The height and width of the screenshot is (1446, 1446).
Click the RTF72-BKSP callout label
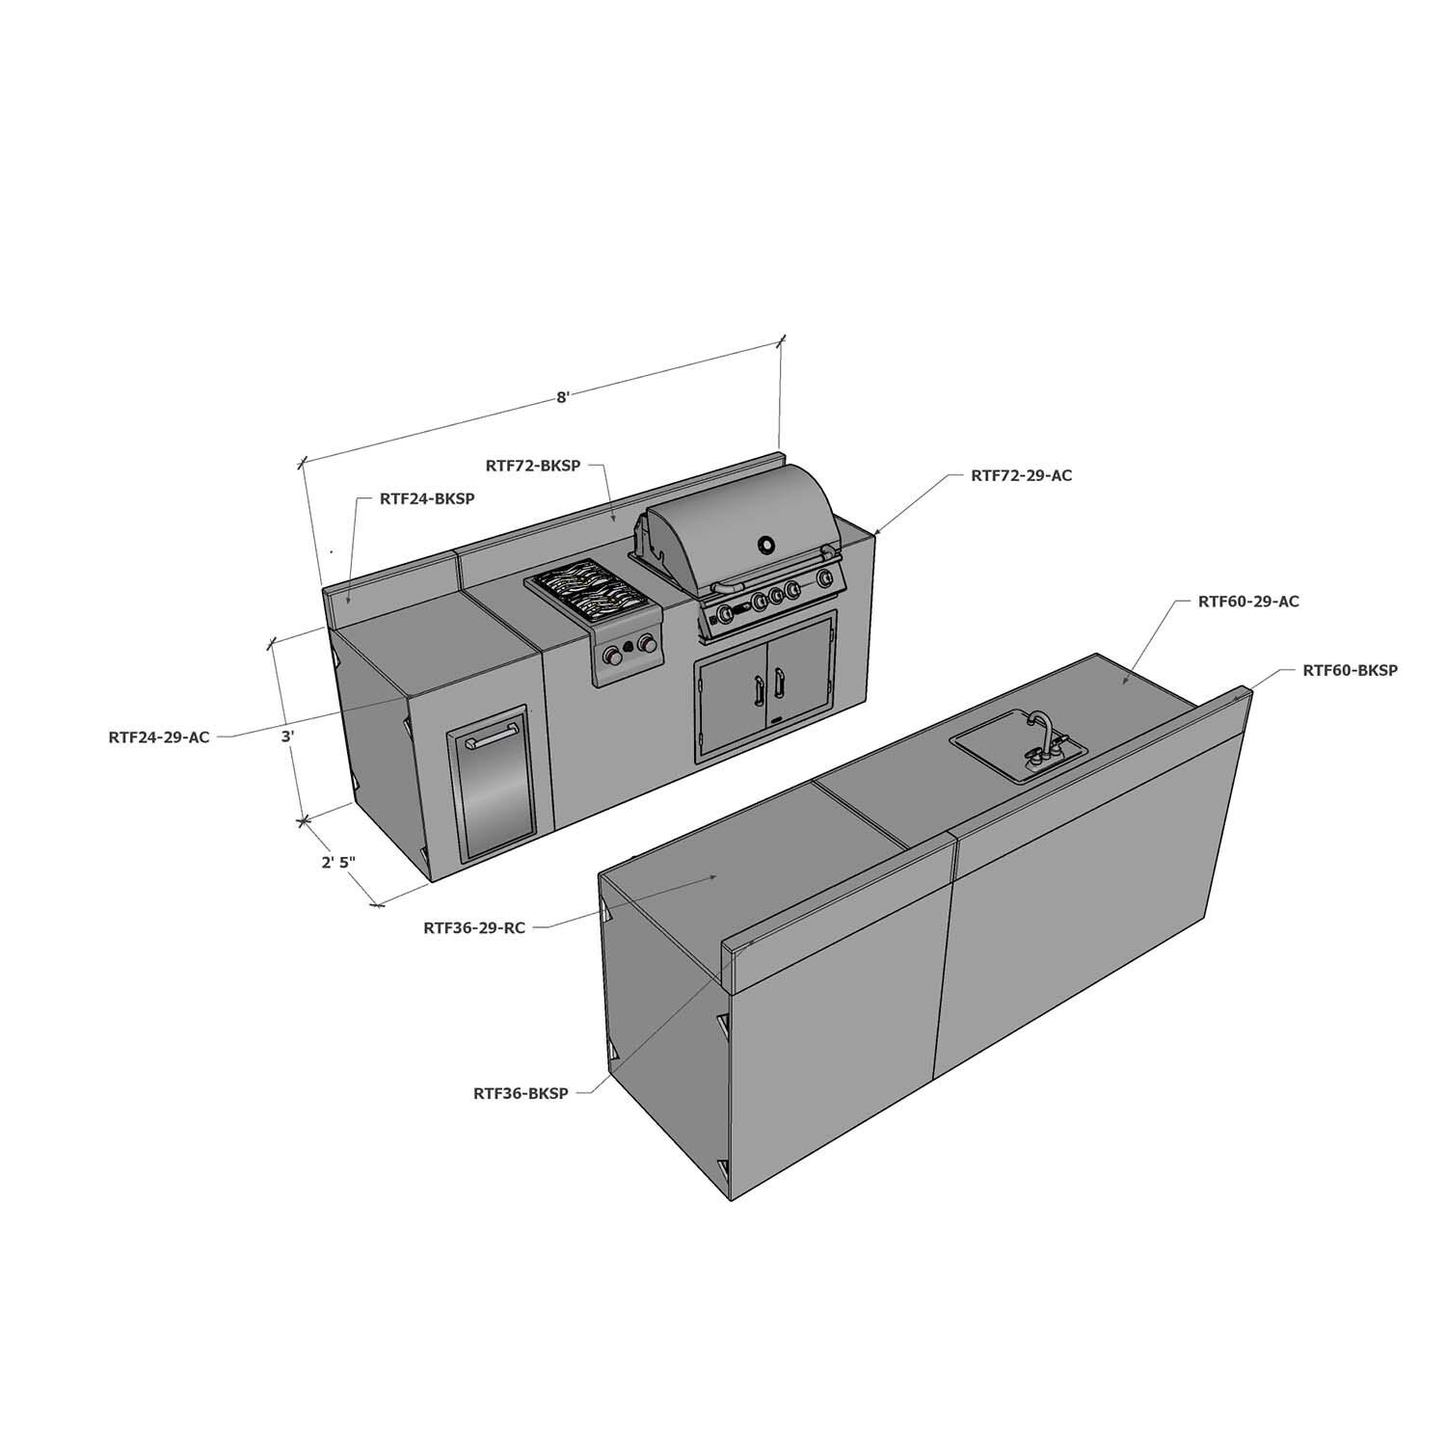click(x=533, y=466)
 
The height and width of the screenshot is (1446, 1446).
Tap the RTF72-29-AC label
click(x=1021, y=475)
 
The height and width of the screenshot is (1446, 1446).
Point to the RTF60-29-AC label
click(x=1248, y=602)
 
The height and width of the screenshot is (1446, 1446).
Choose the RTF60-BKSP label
click(x=1350, y=670)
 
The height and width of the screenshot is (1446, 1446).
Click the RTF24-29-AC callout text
click(x=159, y=737)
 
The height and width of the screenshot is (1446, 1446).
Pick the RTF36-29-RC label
click(x=474, y=928)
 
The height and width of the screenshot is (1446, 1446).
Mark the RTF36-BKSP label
click(x=521, y=1093)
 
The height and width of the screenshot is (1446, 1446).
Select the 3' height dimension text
click(x=287, y=737)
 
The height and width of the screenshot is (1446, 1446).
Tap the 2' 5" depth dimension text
click(x=339, y=863)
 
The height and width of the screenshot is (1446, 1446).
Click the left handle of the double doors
click(x=755, y=688)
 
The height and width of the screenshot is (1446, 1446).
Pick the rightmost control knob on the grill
click(x=824, y=578)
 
